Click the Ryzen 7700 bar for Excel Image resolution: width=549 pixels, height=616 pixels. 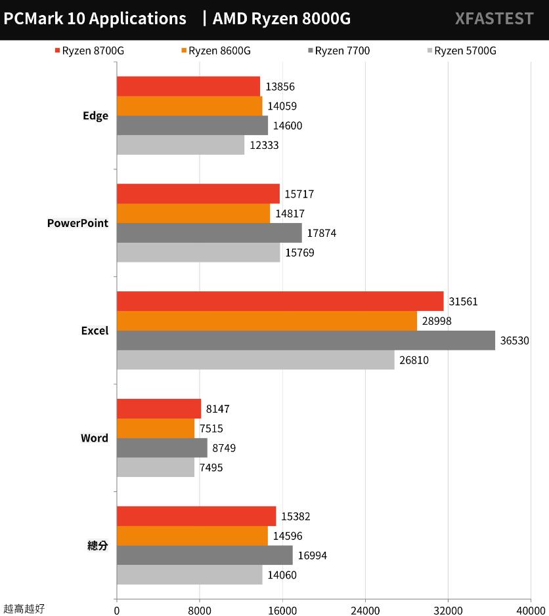tap(306, 340)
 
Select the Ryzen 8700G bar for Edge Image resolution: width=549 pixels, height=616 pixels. tap(188, 87)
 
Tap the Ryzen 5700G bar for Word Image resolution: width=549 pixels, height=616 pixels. tap(156, 467)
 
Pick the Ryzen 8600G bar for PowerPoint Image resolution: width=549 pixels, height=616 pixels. tap(194, 214)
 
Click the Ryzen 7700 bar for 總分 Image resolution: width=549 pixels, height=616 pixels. tap(205, 556)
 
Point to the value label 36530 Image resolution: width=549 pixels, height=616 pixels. tap(515, 340)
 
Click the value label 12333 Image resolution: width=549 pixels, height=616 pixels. tap(264, 146)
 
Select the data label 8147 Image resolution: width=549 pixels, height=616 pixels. tap(217, 409)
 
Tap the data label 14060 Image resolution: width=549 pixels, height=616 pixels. tap(282, 575)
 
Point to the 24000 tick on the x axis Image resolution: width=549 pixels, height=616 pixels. tap(365, 609)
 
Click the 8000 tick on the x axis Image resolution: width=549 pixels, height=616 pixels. tap(200, 609)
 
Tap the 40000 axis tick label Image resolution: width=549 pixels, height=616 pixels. tap(531, 609)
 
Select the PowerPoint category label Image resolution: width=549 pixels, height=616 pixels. tap(77, 224)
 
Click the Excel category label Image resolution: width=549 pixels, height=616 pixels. tap(95, 331)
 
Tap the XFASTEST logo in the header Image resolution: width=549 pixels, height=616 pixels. tap(494, 19)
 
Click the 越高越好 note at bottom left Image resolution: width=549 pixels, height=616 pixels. tap(24, 609)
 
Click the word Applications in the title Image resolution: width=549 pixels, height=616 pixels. tap(137, 19)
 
